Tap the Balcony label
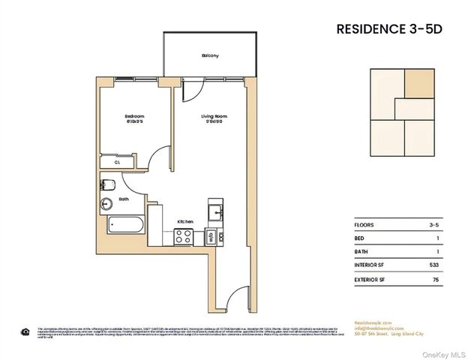pos(209,56)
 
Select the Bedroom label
pos(134,116)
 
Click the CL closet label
pos(117,161)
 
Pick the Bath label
pos(124,199)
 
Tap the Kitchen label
pos(186,222)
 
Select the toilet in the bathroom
pos(107,184)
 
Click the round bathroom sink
pos(106,202)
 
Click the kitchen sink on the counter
pos(216,211)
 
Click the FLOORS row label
pos(364,225)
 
